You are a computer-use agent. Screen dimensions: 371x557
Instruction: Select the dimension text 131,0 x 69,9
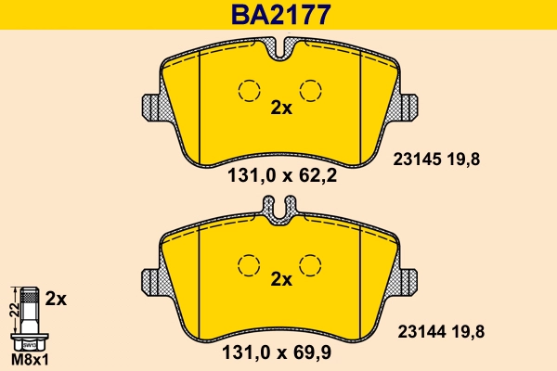(x=277, y=353)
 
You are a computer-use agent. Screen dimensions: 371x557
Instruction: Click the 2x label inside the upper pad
(x=280, y=108)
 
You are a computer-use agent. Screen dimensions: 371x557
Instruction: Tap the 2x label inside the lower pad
(x=280, y=279)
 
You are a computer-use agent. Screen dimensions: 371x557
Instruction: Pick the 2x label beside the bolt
(x=57, y=299)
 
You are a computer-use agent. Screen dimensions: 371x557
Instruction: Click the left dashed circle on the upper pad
(x=248, y=91)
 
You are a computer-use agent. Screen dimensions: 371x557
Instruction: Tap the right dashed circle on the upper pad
(x=312, y=91)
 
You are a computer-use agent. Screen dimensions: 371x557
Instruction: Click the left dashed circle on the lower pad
(x=248, y=263)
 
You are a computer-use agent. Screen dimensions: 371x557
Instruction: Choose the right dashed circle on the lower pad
(x=312, y=263)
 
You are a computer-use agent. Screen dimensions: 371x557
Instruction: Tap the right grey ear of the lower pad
(x=409, y=279)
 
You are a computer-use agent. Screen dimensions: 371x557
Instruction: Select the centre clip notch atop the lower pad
(x=280, y=212)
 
